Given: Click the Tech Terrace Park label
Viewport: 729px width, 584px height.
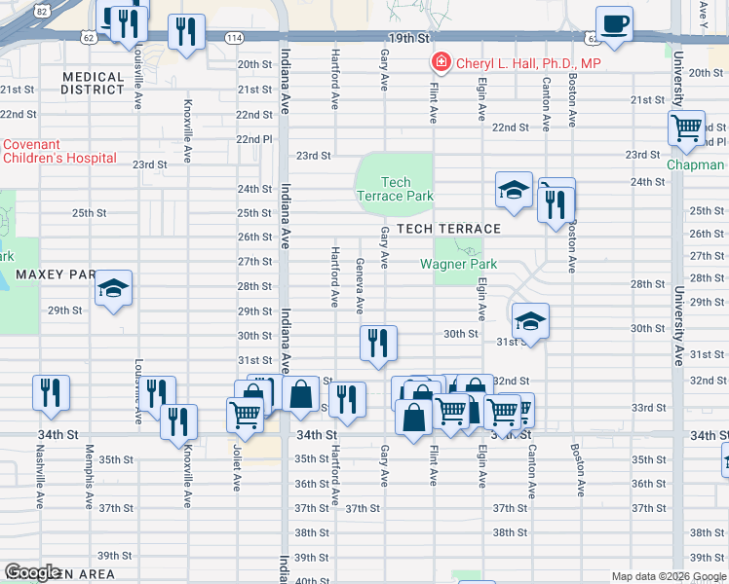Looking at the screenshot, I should click(x=396, y=189).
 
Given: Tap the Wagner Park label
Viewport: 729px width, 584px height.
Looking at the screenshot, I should click(x=459, y=264).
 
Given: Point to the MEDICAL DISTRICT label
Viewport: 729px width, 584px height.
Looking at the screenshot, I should click(x=94, y=83).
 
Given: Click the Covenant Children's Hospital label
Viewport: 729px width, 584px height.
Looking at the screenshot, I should click(x=58, y=151).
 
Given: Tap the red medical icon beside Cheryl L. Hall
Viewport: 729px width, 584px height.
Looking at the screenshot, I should click(x=441, y=63).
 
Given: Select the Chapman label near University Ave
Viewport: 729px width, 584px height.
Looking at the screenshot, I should click(x=695, y=164).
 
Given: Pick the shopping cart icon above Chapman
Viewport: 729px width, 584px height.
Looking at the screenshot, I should click(x=687, y=127).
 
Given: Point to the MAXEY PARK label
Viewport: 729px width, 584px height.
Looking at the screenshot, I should click(x=54, y=274).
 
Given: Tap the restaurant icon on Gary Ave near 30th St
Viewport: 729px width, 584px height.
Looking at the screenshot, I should click(x=378, y=343).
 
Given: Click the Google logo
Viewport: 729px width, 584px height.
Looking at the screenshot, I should click(x=32, y=572).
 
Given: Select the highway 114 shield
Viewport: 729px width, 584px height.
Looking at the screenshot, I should click(x=234, y=38).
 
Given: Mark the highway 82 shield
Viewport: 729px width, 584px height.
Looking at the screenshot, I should click(x=67, y=11).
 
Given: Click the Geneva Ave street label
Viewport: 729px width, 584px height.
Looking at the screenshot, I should click(x=361, y=285).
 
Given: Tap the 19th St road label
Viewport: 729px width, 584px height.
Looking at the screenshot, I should click(x=408, y=38).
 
